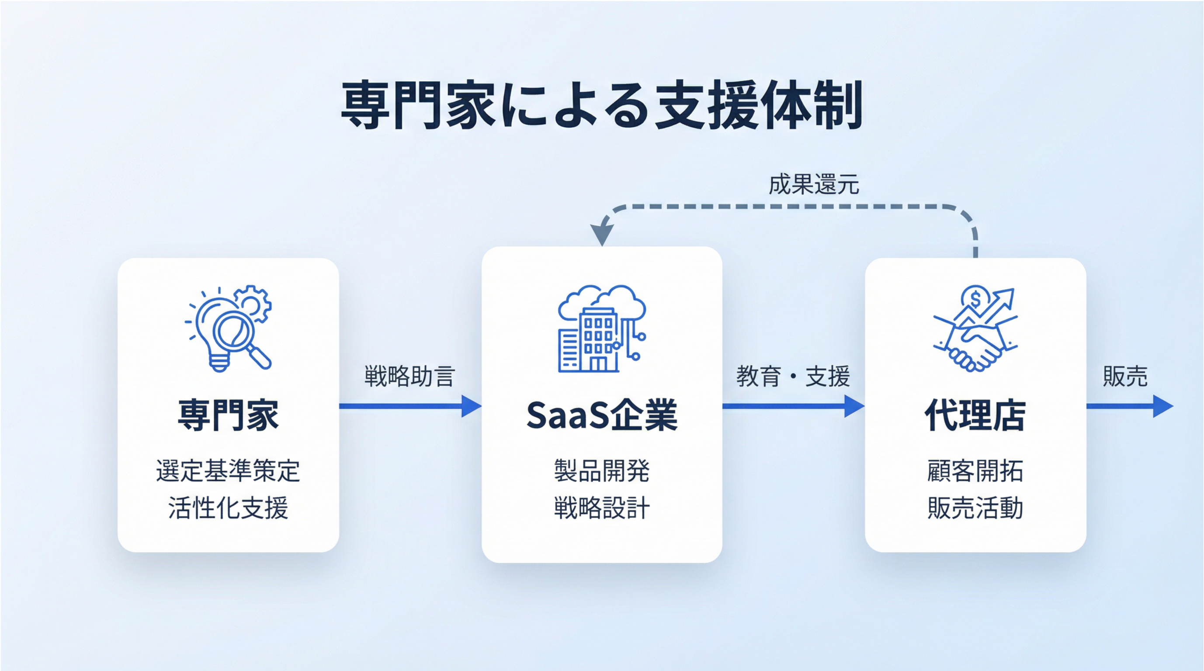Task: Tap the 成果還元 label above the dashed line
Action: pos(814,185)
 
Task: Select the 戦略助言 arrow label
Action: pos(409,376)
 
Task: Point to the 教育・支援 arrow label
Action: pos(793,376)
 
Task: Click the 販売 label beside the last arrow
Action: pos(1125,376)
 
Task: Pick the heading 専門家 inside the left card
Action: pos(228,415)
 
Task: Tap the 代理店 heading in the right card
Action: pos(975,415)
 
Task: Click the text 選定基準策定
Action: pos(228,470)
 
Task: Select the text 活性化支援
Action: pos(228,508)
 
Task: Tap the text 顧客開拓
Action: pos(975,470)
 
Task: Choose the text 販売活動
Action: pos(975,508)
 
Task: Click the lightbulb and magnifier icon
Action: pos(228,329)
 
